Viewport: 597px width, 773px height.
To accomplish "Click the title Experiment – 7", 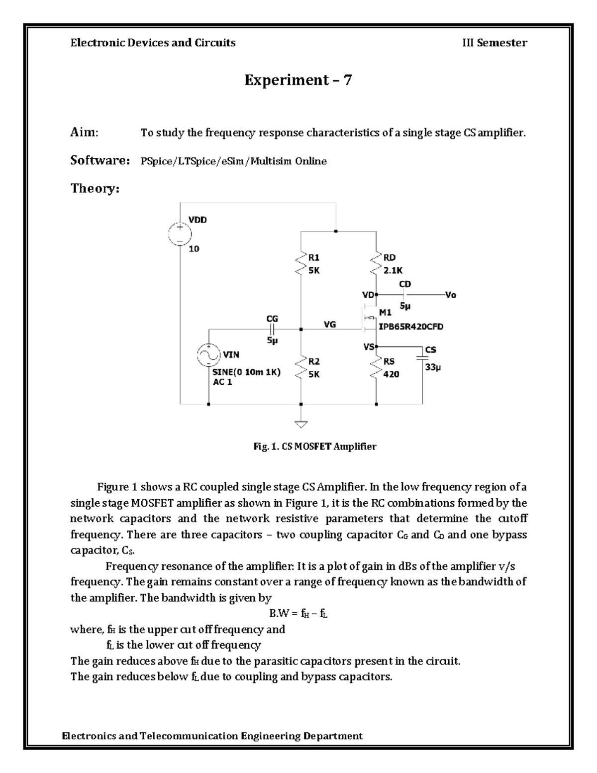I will pyautogui.click(x=298, y=80).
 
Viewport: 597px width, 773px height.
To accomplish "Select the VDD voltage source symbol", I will pyautogui.click(x=179, y=234).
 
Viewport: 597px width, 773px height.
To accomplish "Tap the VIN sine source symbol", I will pyautogui.click(x=208, y=355).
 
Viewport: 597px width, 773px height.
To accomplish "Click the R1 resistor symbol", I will pyautogui.click(x=301, y=263).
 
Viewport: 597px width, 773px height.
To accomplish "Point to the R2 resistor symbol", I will pyautogui.click(x=301, y=367).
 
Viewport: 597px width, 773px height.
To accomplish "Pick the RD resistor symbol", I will pyautogui.click(x=376, y=263).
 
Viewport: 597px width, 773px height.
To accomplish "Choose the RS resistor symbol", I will pyautogui.click(x=376, y=367).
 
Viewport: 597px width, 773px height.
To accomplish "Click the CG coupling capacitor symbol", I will pyautogui.click(x=272, y=329).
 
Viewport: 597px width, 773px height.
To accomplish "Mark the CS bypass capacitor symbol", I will pyautogui.click(x=422, y=356).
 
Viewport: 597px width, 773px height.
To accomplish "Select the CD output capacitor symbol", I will pyautogui.click(x=405, y=295).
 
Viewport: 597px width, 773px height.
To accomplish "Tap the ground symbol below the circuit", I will pyautogui.click(x=301, y=424).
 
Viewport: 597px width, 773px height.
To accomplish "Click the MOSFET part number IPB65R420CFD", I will pyautogui.click(x=411, y=327).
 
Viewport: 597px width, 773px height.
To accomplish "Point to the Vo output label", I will pyautogui.click(x=450, y=295).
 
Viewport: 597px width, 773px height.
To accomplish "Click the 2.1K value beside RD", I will pyautogui.click(x=393, y=270).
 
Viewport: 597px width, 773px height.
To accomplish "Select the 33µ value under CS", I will pyautogui.click(x=433, y=367).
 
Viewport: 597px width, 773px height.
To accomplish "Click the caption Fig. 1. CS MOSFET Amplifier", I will pyautogui.click(x=315, y=446).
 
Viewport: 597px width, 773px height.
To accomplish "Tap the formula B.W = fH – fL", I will pyautogui.click(x=298, y=614).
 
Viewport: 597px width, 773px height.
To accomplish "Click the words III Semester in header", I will pyautogui.click(x=495, y=43).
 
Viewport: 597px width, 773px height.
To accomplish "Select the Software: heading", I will pyautogui.click(x=100, y=160).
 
